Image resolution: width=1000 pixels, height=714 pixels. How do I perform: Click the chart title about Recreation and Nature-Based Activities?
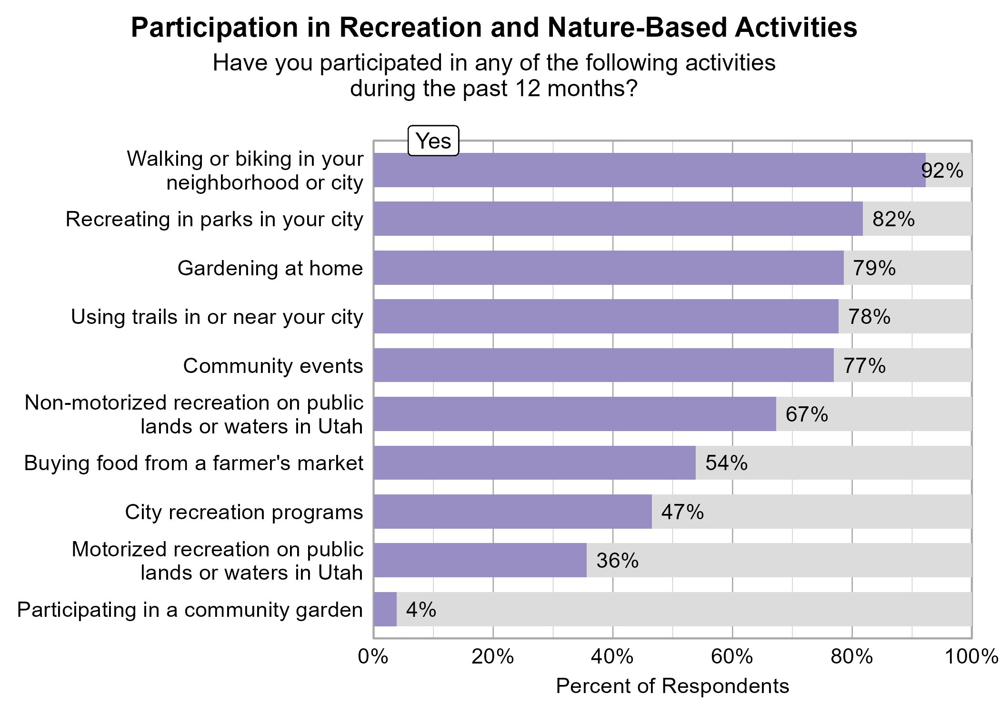[494, 28]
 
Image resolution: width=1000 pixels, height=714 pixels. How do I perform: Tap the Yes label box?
[433, 141]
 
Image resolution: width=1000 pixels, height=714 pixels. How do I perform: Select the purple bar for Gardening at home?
[608, 268]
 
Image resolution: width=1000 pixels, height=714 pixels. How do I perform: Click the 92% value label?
[942, 171]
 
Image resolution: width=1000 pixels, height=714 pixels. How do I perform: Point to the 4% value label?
[421, 610]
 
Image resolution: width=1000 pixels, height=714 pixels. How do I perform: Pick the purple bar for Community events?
[603, 365]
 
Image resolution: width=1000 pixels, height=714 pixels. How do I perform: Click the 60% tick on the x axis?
[732, 657]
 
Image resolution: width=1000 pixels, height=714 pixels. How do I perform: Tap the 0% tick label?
[373, 657]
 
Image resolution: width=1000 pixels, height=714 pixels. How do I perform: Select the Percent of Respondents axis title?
[672, 686]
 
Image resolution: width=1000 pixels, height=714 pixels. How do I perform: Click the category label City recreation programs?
[244, 513]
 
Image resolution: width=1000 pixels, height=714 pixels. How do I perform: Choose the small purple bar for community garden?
[385, 609]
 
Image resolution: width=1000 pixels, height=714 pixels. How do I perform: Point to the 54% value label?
[726, 463]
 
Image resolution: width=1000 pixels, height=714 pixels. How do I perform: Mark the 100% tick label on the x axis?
[971, 657]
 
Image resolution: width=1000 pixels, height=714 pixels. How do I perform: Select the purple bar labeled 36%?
[480, 560]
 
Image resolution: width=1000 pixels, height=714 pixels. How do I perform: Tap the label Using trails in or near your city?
[217, 317]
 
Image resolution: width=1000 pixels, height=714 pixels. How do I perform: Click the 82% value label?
[893, 219]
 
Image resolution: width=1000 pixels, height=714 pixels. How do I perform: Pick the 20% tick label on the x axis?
[493, 657]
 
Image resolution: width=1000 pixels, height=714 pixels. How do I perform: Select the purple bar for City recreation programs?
[512, 512]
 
